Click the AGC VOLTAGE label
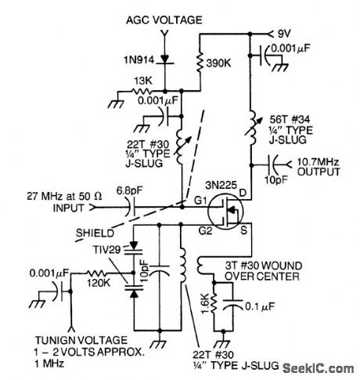(163, 17)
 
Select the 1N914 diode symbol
(164, 60)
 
